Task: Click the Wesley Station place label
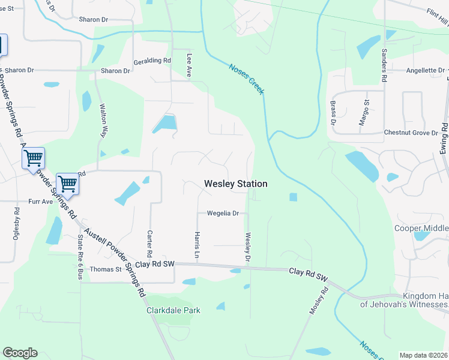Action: tap(235, 184)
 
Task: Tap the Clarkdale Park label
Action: tap(173, 310)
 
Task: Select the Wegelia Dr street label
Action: tap(223, 213)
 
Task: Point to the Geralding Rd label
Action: tap(153, 61)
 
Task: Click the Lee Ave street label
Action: tap(189, 65)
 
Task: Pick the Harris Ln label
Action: tap(196, 246)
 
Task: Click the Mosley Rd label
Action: tap(320, 301)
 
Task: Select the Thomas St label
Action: tap(106, 269)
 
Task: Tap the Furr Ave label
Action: tap(41, 202)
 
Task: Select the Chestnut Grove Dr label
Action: tap(411, 132)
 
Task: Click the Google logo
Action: tap(20, 353)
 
